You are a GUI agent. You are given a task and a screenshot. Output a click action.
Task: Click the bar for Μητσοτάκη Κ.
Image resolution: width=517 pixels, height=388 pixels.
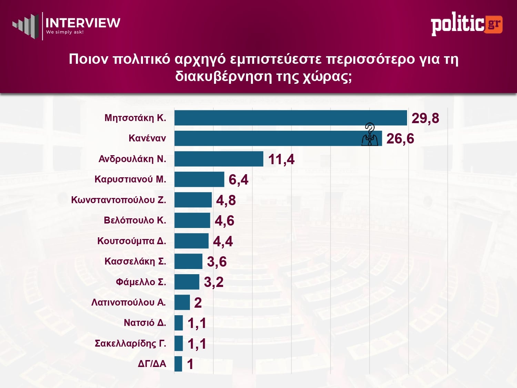pos(291,118)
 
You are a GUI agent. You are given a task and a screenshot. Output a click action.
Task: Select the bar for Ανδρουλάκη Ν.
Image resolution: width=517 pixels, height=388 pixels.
pos(219,159)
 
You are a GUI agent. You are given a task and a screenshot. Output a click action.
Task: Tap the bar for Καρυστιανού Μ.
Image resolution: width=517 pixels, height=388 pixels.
pos(199,179)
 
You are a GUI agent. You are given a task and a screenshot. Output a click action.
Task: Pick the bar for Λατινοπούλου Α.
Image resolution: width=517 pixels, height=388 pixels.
pos(182,302)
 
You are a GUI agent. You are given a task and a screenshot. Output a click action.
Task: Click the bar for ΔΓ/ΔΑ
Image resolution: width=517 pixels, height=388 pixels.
pos(178,364)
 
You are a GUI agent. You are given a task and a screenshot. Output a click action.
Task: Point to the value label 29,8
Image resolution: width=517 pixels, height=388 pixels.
pos(425,118)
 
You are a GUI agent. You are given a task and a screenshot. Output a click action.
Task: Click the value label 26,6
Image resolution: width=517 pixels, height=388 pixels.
pos(400,139)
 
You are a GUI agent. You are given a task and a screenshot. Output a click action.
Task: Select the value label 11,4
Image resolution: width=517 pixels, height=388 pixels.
pos(281,159)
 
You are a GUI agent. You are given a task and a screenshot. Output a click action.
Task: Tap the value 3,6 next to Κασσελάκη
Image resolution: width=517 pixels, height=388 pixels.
pos(217,262)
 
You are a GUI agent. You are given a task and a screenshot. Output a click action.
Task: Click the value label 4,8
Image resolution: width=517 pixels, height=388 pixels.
pos(226,200)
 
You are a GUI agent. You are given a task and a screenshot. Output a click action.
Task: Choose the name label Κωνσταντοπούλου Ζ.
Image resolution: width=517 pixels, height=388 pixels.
pos(119,200)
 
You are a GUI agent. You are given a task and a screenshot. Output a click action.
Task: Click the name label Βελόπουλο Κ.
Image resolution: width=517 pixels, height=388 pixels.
pos(135,220)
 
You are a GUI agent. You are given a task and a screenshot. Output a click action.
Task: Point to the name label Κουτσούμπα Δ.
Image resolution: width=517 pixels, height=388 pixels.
pos(132,241)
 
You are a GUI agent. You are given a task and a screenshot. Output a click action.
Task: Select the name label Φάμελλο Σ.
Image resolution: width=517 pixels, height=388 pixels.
pos(141,282)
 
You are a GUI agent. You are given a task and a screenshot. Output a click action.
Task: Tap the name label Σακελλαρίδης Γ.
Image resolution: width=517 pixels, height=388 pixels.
pos(130,344)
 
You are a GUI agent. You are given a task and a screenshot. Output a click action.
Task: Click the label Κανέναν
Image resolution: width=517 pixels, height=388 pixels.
pos(147,138)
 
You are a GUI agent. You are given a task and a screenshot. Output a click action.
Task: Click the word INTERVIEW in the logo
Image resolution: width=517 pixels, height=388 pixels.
pos(83,23)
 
